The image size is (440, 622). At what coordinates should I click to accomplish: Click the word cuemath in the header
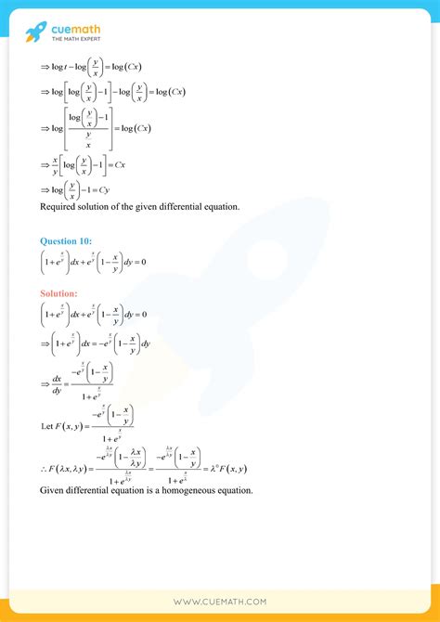click(76, 30)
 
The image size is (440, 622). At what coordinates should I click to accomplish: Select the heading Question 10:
click(66, 241)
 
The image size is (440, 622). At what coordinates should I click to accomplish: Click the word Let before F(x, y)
click(48, 427)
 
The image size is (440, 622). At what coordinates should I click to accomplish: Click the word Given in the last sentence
click(54, 490)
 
